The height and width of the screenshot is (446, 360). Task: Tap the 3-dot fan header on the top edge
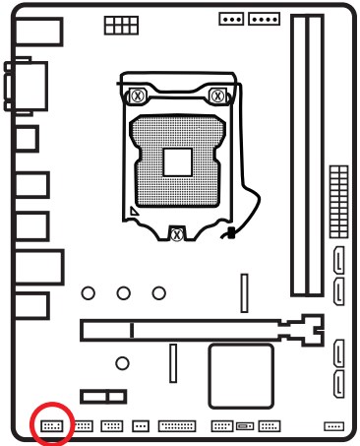(232, 18)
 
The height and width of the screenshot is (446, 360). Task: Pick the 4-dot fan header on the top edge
(264, 18)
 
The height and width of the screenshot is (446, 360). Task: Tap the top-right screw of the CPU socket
(219, 96)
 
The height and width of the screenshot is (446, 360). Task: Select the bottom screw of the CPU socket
(175, 233)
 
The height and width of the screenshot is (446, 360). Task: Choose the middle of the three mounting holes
(123, 292)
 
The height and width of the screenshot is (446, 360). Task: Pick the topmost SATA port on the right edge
(339, 261)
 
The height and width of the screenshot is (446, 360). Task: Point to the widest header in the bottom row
(176, 426)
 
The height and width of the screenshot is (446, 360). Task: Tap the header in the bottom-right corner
(333, 426)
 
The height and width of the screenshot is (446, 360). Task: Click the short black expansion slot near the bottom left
(103, 396)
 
